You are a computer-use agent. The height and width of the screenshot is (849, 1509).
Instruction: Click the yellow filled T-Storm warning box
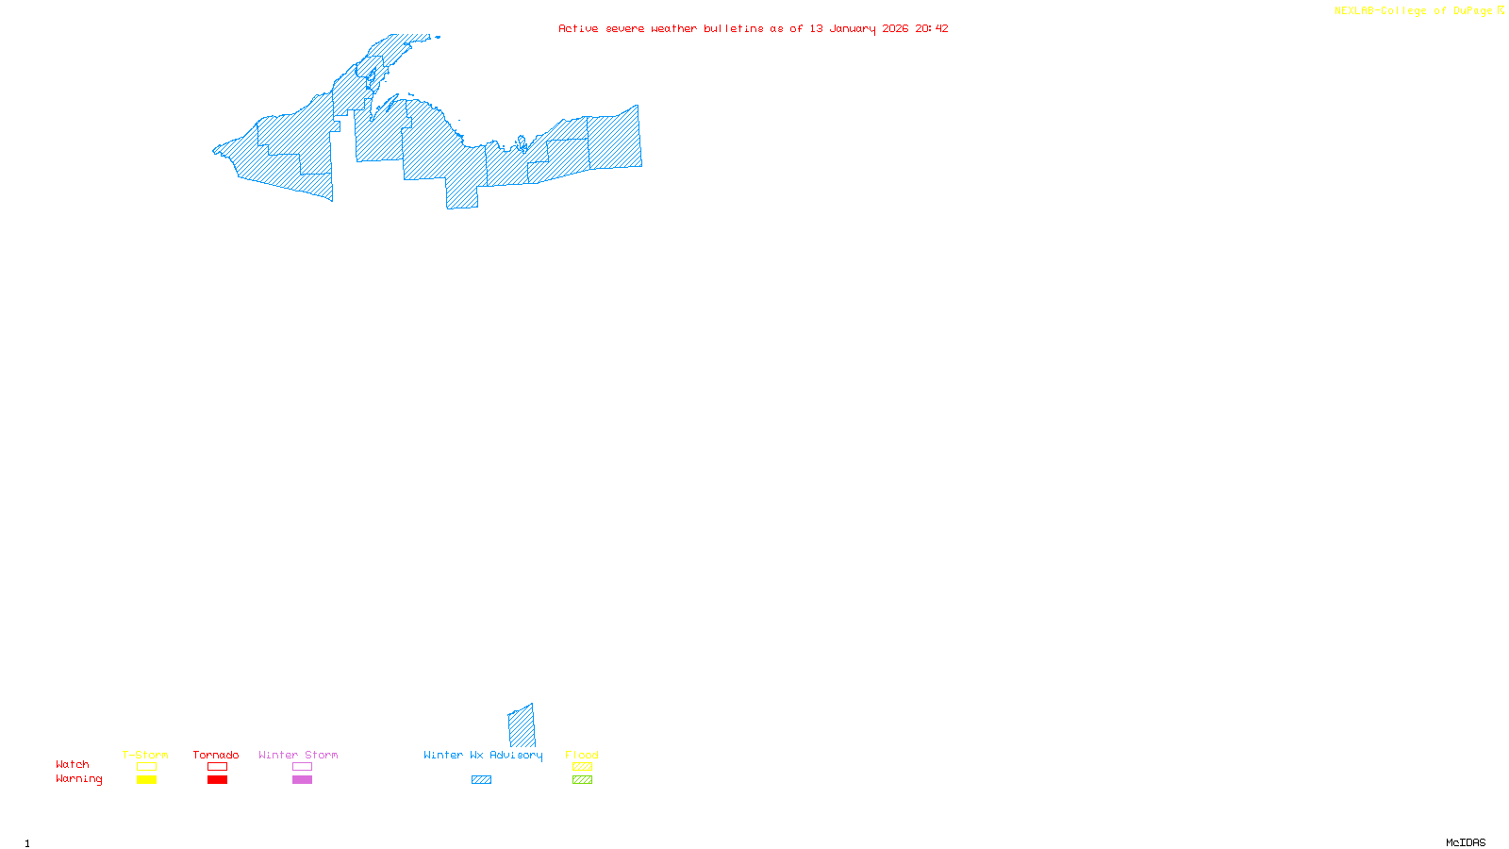pyautogui.click(x=146, y=780)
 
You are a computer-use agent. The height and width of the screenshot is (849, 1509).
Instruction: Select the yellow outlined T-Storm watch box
pyautogui.click(x=146, y=767)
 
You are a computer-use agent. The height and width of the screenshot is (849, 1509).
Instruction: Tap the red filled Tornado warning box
pyautogui.click(x=217, y=780)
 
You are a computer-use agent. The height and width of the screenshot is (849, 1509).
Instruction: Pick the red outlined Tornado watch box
pyautogui.click(x=217, y=767)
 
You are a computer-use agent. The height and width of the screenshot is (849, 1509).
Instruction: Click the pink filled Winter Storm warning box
pyautogui.click(x=302, y=780)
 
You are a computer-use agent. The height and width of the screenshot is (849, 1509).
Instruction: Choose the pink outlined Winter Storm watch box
pyautogui.click(x=302, y=767)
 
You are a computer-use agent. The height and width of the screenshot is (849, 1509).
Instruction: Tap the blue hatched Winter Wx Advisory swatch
pyautogui.click(x=481, y=780)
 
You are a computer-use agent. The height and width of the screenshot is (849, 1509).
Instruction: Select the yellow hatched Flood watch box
pyautogui.click(x=582, y=767)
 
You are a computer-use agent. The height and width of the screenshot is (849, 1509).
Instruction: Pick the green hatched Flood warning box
pyautogui.click(x=582, y=780)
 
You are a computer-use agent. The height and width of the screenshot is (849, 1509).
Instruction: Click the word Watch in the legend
pyautogui.click(x=73, y=764)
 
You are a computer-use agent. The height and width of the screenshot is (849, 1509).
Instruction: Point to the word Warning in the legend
pyautogui.click(x=78, y=779)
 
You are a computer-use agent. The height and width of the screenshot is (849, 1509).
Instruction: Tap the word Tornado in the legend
pyautogui.click(x=216, y=755)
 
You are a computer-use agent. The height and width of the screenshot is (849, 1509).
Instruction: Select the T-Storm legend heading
pyautogui.click(x=145, y=755)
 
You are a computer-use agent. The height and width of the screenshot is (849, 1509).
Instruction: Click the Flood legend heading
pyautogui.click(x=582, y=755)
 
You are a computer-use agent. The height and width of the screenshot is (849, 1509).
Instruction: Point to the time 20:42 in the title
pyautogui.click(x=932, y=28)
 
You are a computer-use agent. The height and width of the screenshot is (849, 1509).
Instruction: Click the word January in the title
pyautogui.click(x=853, y=28)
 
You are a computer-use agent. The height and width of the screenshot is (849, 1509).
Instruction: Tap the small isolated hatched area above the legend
pyautogui.click(x=522, y=726)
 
